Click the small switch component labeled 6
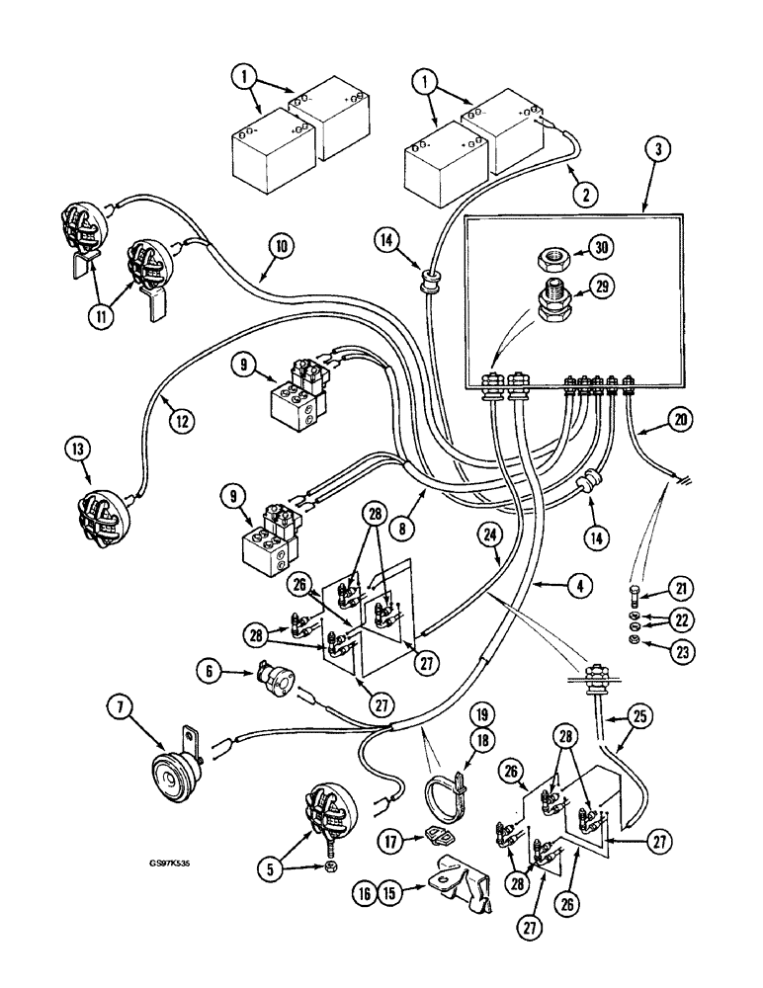(274, 680)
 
